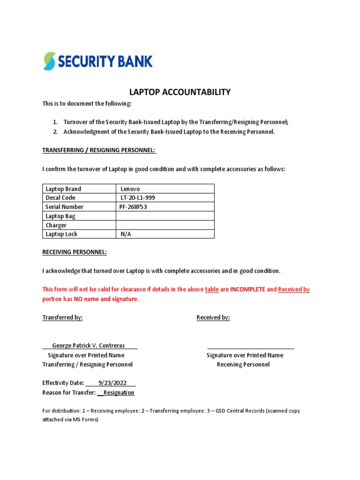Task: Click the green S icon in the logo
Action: pos(49,61)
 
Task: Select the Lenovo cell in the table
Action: pos(130,189)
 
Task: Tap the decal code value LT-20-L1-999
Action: pos(138,198)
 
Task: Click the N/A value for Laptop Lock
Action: pos(126,234)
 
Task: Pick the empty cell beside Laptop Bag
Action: pos(165,216)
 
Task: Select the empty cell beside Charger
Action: pos(165,225)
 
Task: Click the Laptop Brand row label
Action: pos(63,189)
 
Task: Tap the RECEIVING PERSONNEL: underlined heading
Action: pos(75,252)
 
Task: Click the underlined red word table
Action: pos(212,290)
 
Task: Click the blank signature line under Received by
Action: pos(251,347)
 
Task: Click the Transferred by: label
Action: pos(62,317)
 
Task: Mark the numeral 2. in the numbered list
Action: pos(55,132)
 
